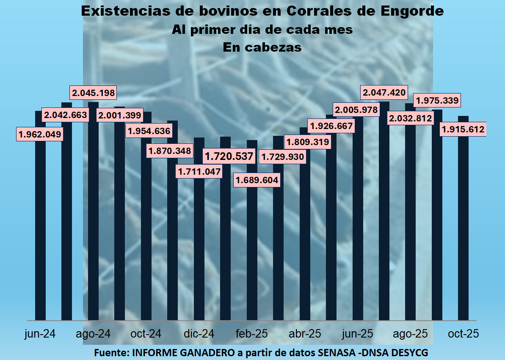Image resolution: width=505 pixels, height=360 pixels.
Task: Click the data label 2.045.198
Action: pyautogui.click(x=93, y=92)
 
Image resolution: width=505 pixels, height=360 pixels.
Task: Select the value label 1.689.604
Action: pyautogui.click(x=257, y=180)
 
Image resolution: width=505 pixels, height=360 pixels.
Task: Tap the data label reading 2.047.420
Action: pyautogui.click(x=383, y=92)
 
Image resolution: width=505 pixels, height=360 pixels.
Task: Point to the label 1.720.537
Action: pyautogui.click(x=229, y=156)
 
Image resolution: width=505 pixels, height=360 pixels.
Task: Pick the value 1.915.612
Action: pyautogui.click(x=463, y=129)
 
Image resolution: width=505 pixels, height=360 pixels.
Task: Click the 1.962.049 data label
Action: pyautogui.click(x=40, y=135)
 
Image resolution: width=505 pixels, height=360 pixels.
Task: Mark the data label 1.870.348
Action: pyautogui.click(x=169, y=150)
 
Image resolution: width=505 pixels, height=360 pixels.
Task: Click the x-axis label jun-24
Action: pyautogui.click(x=40, y=333)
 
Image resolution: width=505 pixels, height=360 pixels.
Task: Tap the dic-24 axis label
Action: pyautogui.click(x=199, y=333)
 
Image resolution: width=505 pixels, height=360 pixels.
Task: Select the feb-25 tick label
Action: pyautogui.click(x=252, y=333)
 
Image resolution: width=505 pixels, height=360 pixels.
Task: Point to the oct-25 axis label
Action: pyautogui.click(x=464, y=333)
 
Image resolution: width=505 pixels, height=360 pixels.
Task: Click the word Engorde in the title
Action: pyautogui.click(x=411, y=11)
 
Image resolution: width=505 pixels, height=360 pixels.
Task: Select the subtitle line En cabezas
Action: pyautogui.click(x=262, y=47)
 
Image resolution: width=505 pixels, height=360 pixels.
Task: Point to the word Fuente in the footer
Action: pyautogui.click(x=111, y=352)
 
